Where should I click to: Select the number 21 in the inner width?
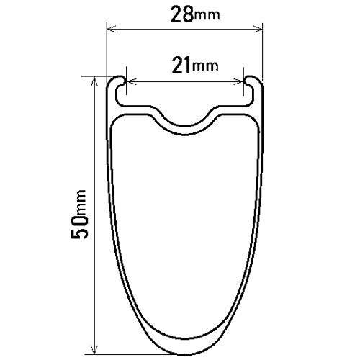[181, 66]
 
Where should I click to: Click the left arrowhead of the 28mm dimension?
[111, 30]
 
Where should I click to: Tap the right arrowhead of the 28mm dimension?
[258, 30]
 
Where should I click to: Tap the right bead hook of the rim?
[252, 81]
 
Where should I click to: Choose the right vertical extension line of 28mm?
[262, 50]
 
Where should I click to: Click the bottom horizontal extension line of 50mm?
[130, 354]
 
